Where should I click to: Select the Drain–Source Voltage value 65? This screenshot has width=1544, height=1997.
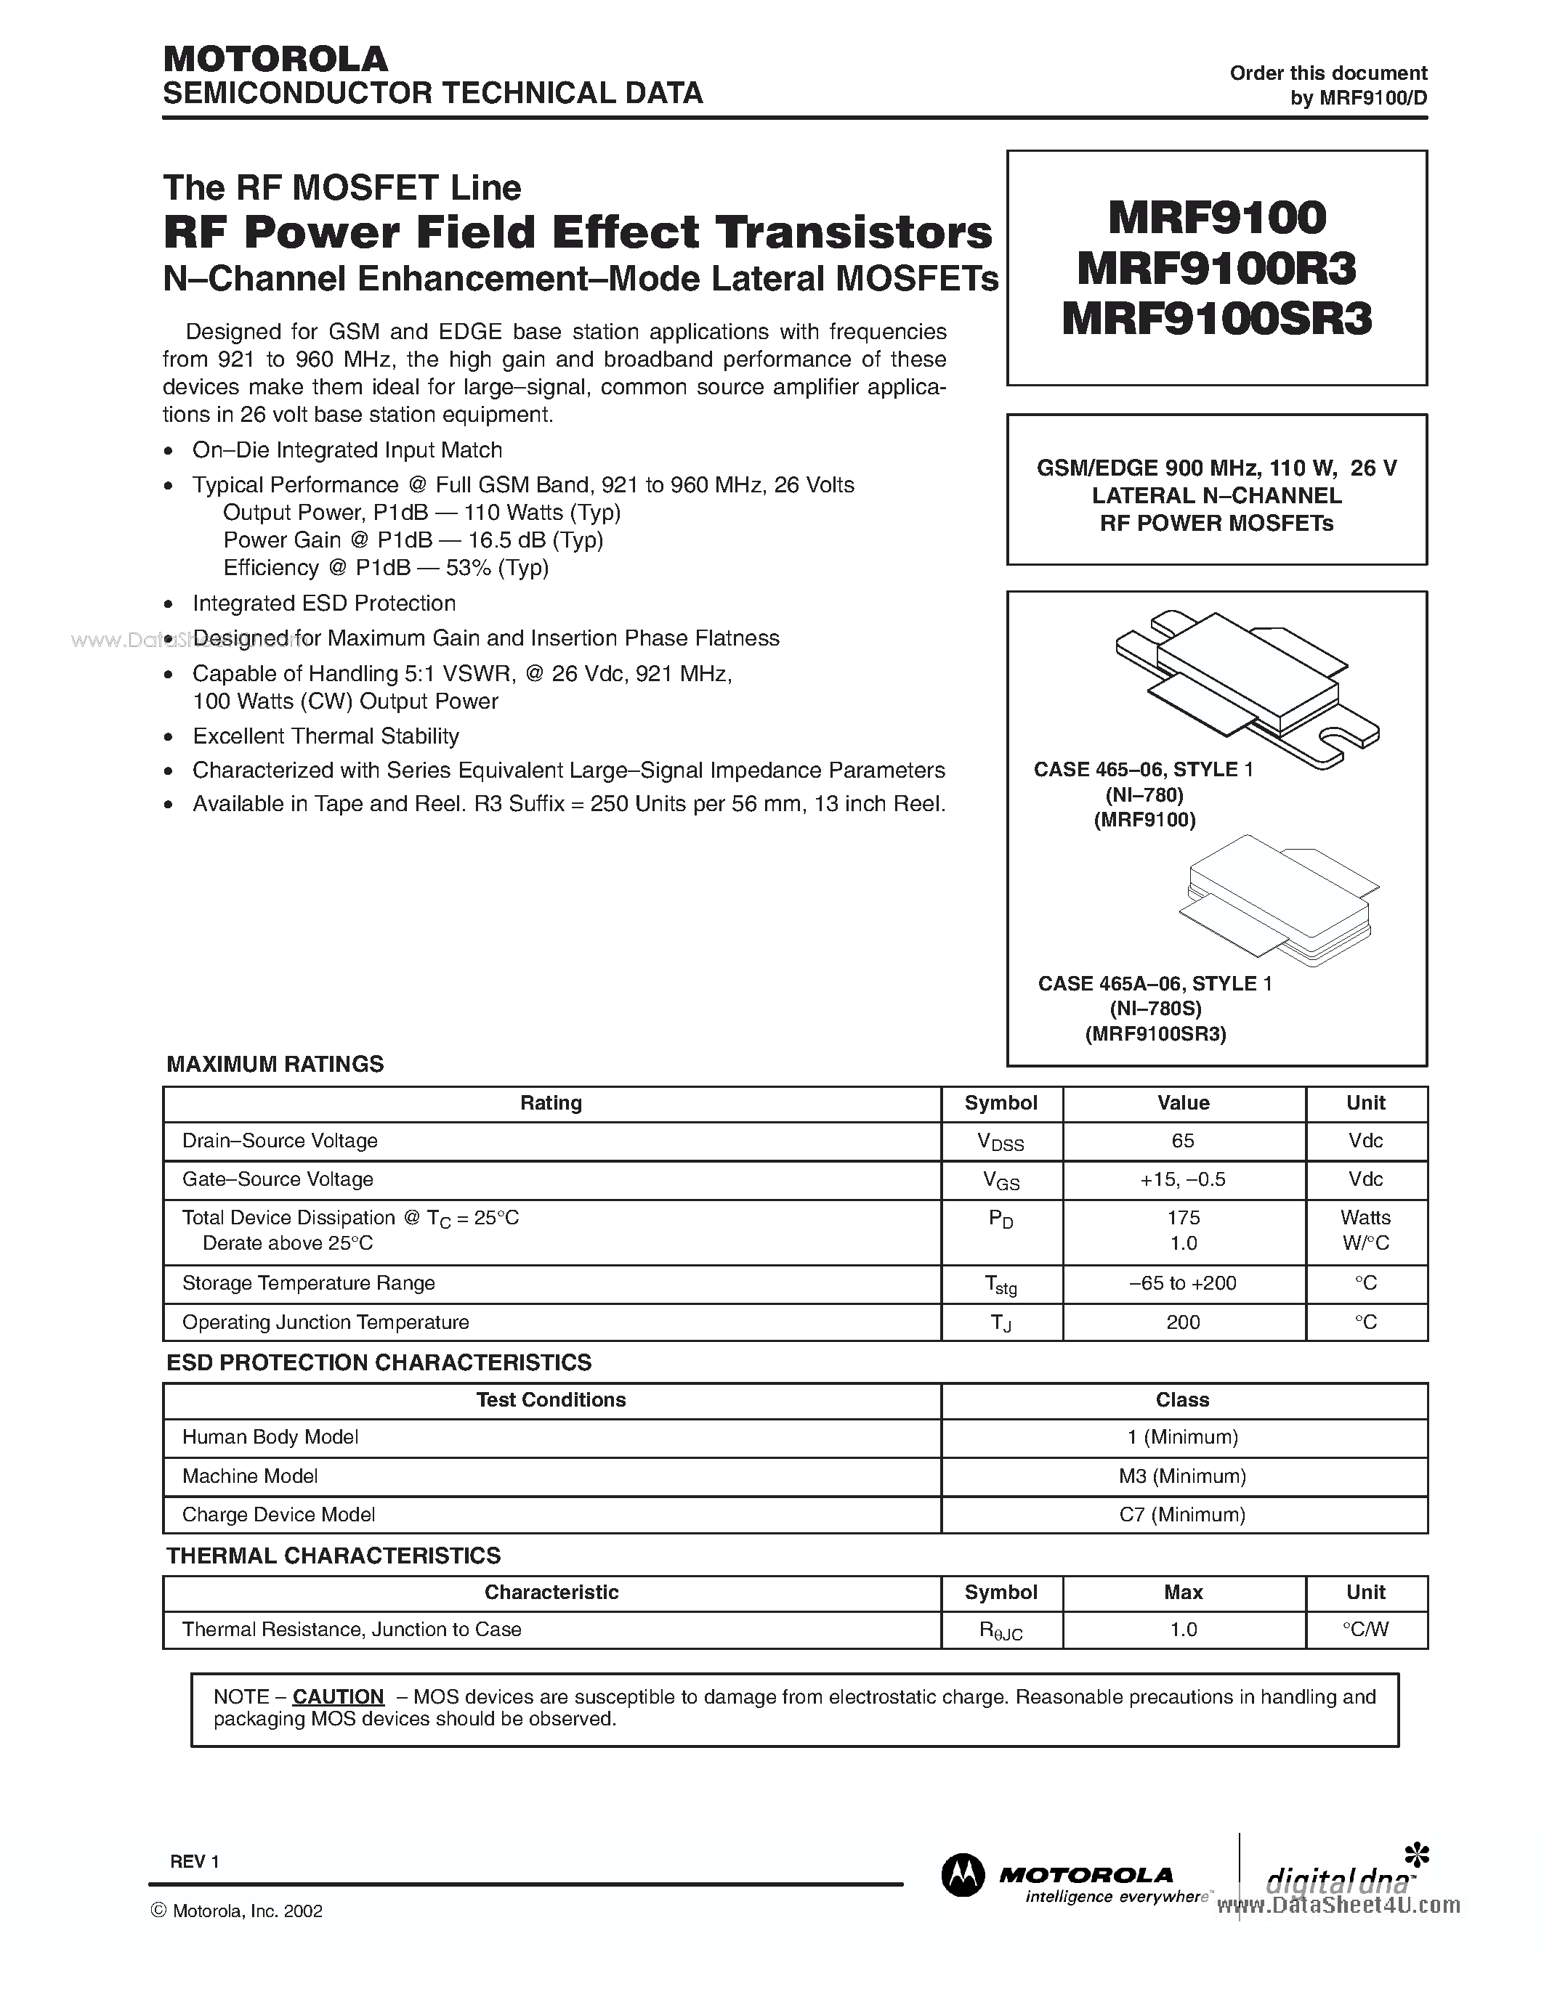tap(1183, 1140)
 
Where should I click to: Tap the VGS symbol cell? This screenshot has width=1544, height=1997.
tap(1001, 1181)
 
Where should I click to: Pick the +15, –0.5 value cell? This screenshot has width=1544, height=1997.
tap(1183, 1179)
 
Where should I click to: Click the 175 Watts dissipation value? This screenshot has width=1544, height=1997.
tap(1183, 1218)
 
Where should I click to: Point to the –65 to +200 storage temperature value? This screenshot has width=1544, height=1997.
tap(1183, 1283)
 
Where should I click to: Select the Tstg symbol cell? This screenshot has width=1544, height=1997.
tap(1001, 1285)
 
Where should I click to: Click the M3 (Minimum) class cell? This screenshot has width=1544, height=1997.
tap(1183, 1476)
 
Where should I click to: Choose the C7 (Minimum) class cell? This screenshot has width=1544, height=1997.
tap(1183, 1514)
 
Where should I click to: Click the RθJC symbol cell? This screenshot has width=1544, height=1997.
tap(1001, 1630)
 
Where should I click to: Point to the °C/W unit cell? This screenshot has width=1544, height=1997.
tap(1366, 1630)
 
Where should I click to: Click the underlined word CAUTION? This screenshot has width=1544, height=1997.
tap(338, 1696)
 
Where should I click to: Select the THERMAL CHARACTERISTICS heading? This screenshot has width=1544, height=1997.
tap(333, 1555)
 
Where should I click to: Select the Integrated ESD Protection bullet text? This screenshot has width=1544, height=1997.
tap(324, 603)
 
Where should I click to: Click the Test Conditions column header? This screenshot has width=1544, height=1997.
tap(551, 1400)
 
